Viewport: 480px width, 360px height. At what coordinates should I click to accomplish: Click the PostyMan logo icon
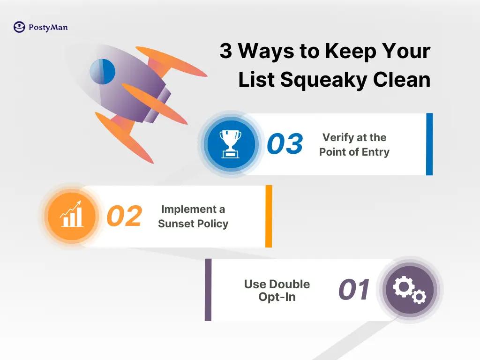pyautogui.click(x=19, y=27)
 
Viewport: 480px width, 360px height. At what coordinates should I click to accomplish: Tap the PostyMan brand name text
pyautogui.click(x=48, y=28)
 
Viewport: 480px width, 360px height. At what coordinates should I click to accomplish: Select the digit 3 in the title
pyautogui.click(x=226, y=51)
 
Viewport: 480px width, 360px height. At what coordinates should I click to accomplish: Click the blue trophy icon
pyautogui.click(x=231, y=144)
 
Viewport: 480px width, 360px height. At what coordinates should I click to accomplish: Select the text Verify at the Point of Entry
pyautogui.click(x=354, y=145)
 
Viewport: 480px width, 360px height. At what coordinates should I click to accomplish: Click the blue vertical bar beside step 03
pyautogui.click(x=429, y=144)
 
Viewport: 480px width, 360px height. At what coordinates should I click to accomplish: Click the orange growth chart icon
pyautogui.click(x=72, y=216)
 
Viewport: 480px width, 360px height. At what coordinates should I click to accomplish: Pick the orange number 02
pyautogui.click(x=124, y=217)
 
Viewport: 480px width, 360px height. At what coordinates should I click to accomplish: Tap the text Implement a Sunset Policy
pyautogui.click(x=193, y=217)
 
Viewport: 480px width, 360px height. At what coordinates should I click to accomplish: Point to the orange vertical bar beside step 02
pyautogui.click(x=269, y=216)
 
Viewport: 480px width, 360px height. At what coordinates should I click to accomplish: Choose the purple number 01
pyautogui.click(x=354, y=290)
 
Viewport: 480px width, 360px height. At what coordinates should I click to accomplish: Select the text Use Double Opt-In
pyautogui.click(x=277, y=291)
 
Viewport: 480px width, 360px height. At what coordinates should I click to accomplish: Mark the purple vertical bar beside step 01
pyautogui.click(x=208, y=290)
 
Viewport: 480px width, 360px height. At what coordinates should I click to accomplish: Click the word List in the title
pyautogui.click(x=256, y=80)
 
